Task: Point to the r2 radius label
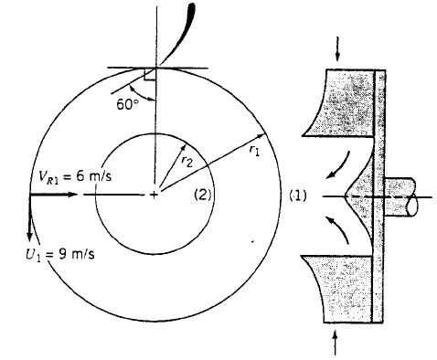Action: click(187, 159)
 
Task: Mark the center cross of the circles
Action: click(154, 194)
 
